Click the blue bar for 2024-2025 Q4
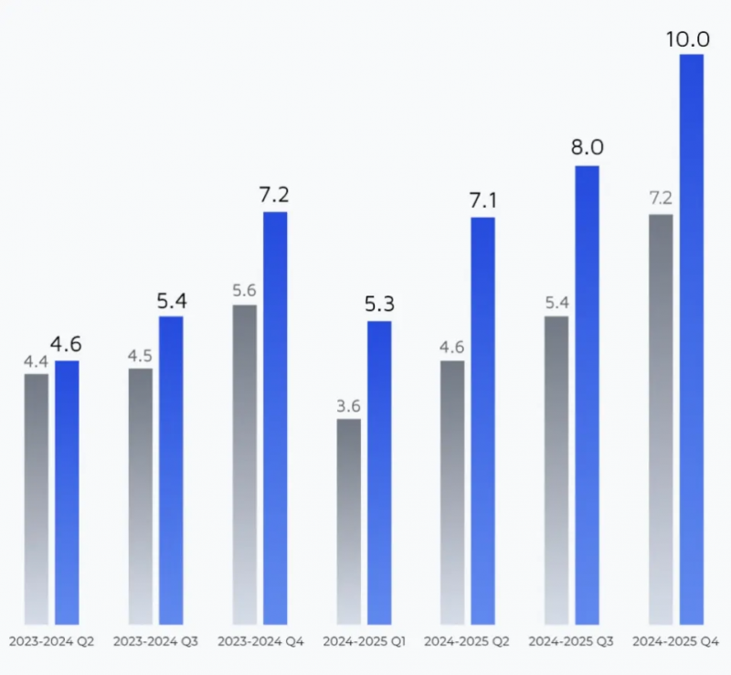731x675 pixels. click(692, 338)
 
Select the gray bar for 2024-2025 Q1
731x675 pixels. click(349, 521)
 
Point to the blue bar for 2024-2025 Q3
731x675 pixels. click(587, 394)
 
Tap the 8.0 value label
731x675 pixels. click(588, 147)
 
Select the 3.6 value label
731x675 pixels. click(349, 405)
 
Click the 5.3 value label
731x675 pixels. click(379, 304)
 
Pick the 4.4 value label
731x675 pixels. click(36, 360)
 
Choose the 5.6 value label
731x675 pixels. click(245, 291)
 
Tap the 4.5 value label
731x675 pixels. click(140, 355)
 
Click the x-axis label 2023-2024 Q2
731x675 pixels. click(50, 642)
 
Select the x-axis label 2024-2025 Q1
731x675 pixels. click(365, 642)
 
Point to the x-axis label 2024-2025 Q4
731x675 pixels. click(676, 642)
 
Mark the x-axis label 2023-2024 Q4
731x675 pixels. click(260, 642)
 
